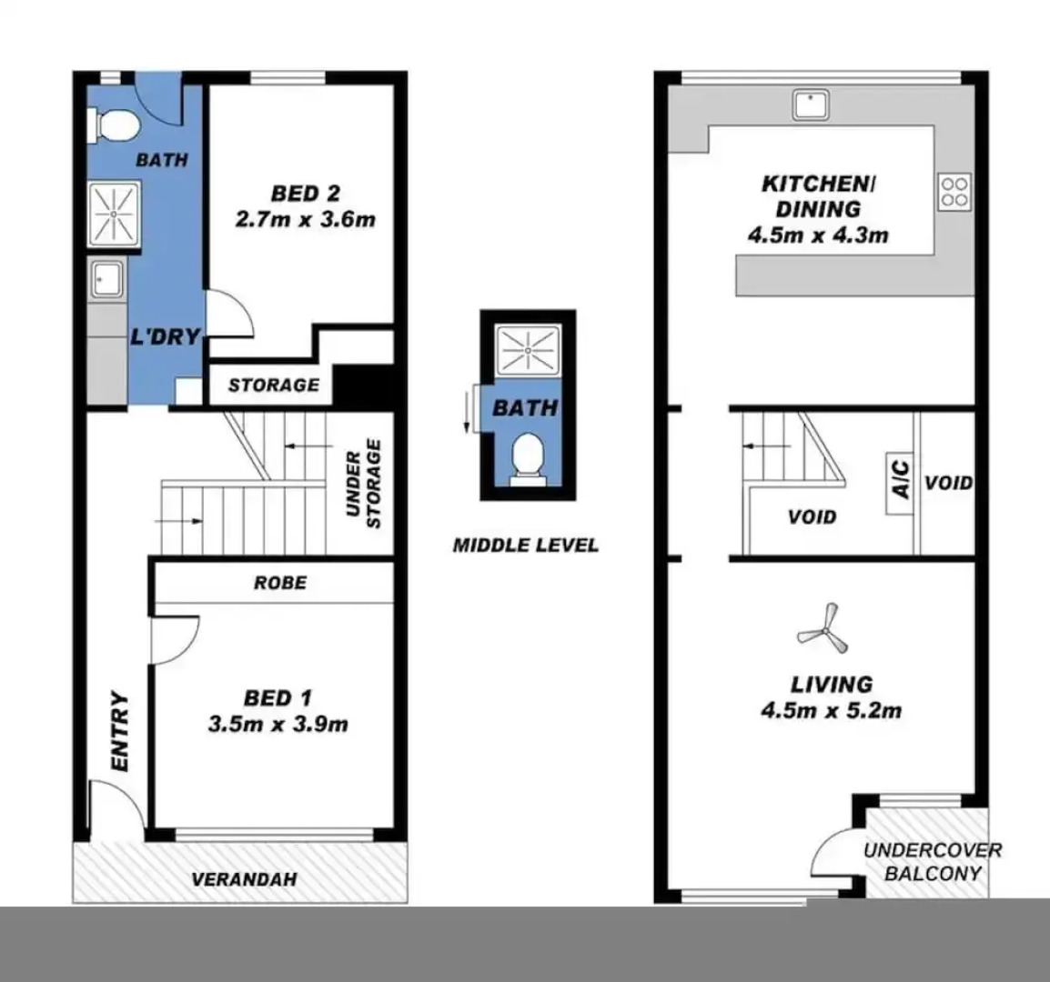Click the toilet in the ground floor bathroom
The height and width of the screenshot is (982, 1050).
pos(113,125)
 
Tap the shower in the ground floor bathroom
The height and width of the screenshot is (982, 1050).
pos(114,214)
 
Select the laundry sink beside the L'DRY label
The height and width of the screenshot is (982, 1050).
pos(108,280)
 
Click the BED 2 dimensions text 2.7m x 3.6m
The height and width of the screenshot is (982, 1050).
pos(305,219)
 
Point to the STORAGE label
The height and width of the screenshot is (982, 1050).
pos(273,386)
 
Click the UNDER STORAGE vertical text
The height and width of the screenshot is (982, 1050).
pos(363,484)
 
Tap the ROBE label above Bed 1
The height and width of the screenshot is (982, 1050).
pos(279,583)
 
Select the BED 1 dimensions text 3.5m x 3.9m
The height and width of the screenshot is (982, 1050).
pos(278,725)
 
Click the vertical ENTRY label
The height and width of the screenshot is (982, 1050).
pos(119,733)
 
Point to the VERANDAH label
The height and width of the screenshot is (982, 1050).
pos(244,879)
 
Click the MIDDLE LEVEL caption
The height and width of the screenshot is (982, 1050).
pos(526,546)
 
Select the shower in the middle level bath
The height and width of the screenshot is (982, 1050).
pos(528,349)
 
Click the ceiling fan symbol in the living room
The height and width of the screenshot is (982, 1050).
pos(822,626)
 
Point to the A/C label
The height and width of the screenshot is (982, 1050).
pos(900,479)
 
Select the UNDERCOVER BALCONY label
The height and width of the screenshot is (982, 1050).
pos(932,862)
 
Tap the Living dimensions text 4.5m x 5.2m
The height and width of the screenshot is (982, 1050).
pos(831,710)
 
